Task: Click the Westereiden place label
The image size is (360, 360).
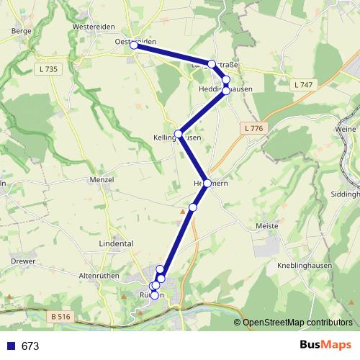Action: (x=94, y=27)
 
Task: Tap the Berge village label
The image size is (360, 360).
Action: (x=21, y=31)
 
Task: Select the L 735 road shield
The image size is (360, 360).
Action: (x=48, y=68)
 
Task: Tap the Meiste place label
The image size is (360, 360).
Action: (x=267, y=225)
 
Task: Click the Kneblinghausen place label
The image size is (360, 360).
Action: (x=307, y=265)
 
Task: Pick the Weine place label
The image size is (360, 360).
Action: (x=346, y=129)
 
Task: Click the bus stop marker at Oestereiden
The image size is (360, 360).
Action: (x=134, y=45)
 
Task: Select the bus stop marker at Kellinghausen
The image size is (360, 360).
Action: (x=179, y=133)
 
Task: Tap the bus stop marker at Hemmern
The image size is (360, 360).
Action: (x=207, y=184)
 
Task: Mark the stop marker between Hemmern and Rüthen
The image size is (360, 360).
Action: (x=192, y=207)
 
